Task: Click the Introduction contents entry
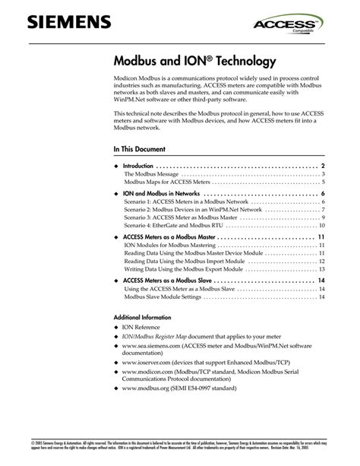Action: click(x=138, y=166)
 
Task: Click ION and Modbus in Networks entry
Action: click(x=161, y=195)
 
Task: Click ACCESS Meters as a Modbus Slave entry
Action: click(x=167, y=281)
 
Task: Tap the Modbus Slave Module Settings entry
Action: click(x=163, y=297)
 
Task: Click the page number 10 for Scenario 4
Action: click(x=322, y=226)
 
